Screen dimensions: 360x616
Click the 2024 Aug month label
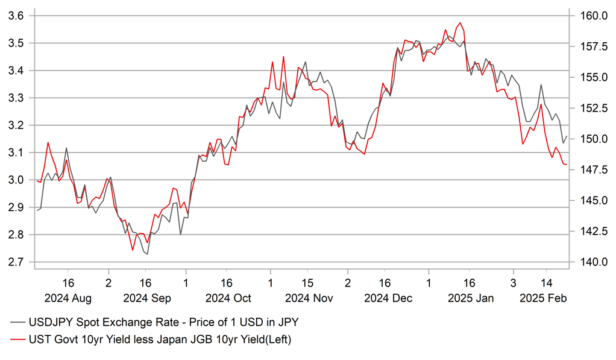tap(68, 298)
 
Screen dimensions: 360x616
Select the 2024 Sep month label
tap(147, 298)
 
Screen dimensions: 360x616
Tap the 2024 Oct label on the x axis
tap(228, 298)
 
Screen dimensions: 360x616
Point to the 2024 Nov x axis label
tap(309, 298)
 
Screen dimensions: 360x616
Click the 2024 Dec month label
tap(389, 298)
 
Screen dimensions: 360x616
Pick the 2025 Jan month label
tap(470, 298)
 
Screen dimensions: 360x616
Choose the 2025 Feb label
tap(544, 298)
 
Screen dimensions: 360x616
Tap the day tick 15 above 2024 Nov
tap(307, 282)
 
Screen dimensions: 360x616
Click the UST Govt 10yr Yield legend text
tap(160, 341)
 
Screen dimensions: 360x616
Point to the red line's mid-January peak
tap(460, 23)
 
